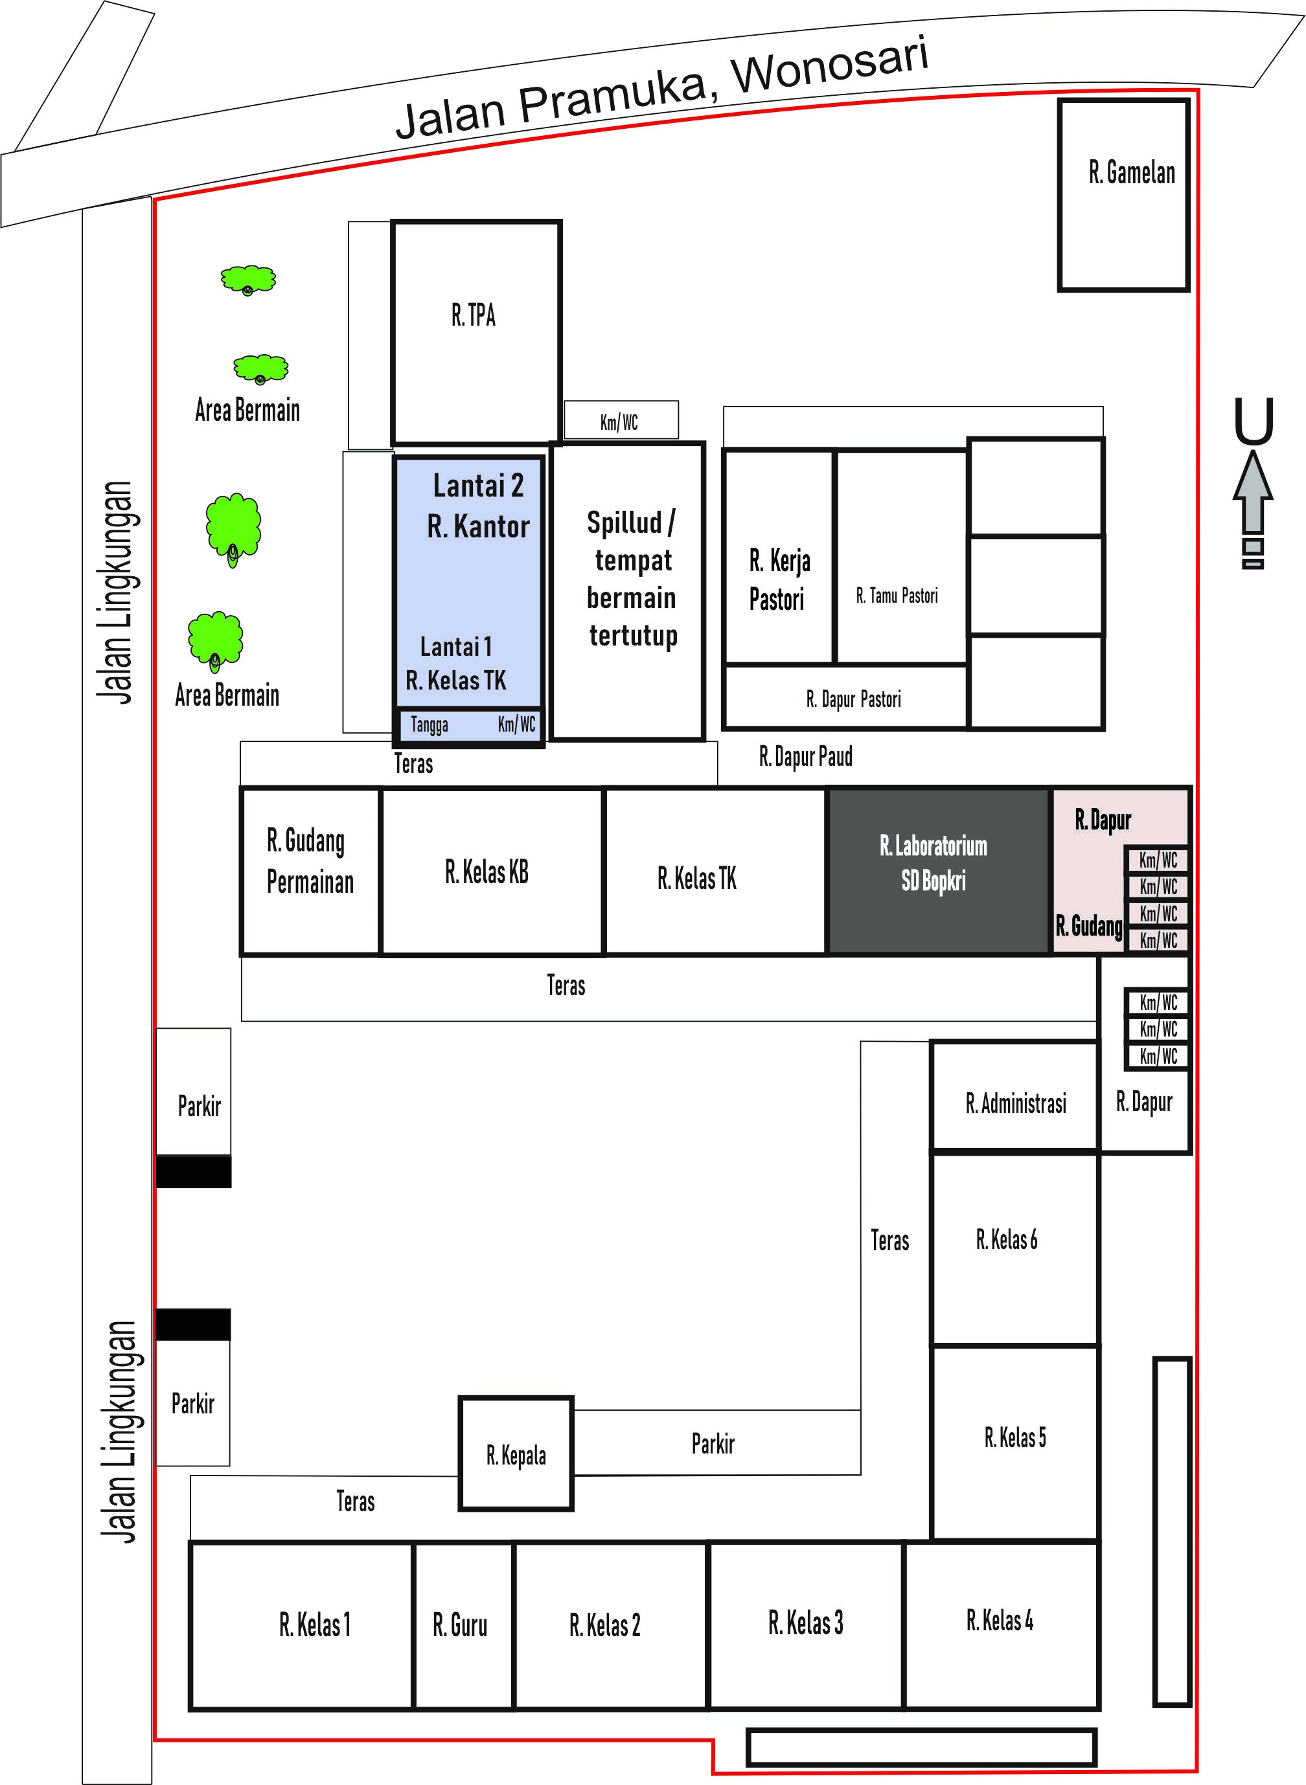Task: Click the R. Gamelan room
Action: point(1123,195)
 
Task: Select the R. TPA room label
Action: point(474,315)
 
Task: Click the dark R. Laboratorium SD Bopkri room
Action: point(939,871)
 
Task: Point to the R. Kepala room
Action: point(516,1454)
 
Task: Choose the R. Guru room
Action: point(463,1626)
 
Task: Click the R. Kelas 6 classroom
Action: point(1014,1248)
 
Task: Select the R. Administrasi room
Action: point(1014,1096)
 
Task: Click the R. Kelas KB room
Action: point(492,871)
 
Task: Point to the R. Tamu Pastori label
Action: point(897,596)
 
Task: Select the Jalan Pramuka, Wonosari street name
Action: point(663,89)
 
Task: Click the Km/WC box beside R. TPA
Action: point(621,420)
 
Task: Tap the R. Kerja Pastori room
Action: point(779,556)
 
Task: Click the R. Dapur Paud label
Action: point(806,757)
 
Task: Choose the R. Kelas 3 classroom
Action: point(807,1625)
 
